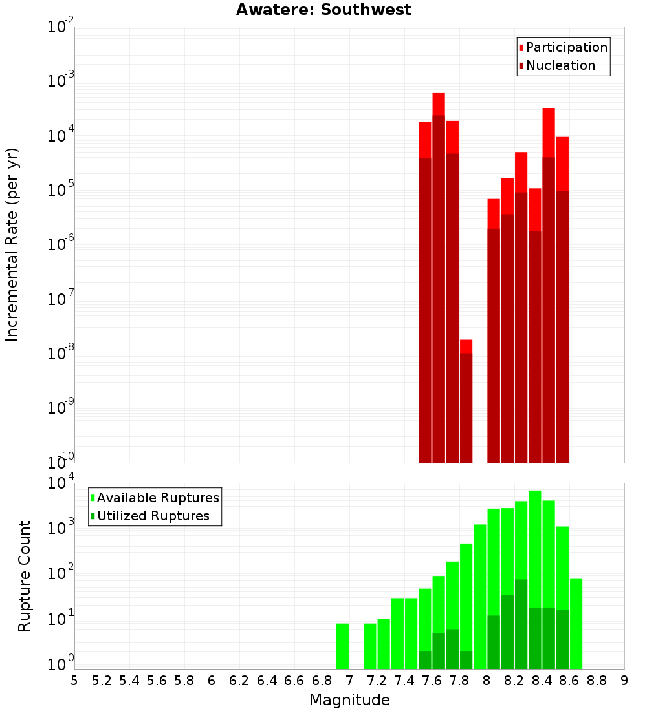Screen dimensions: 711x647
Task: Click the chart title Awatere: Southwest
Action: tap(323, 10)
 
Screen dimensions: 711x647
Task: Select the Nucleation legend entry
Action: tap(560, 65)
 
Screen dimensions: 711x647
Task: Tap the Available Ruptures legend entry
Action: tap(158, 498)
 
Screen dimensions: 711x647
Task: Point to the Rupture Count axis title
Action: tap(25, 576)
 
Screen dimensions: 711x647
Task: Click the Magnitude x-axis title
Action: tap(349, 700)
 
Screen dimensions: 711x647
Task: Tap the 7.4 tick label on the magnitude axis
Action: tap(404, 681)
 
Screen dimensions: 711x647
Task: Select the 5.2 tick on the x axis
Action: tap(102, 681)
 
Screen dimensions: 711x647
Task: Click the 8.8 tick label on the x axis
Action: tap(597, 681)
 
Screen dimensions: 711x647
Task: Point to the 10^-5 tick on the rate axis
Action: tap(60, 190)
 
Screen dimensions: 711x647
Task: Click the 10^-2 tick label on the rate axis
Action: tap(60, 27)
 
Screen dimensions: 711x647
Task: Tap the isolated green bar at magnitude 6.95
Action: tap(342, 646)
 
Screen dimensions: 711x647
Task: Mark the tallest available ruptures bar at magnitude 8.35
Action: tap(534, 549)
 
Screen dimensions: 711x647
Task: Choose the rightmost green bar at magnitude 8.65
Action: tap(576, 624)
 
